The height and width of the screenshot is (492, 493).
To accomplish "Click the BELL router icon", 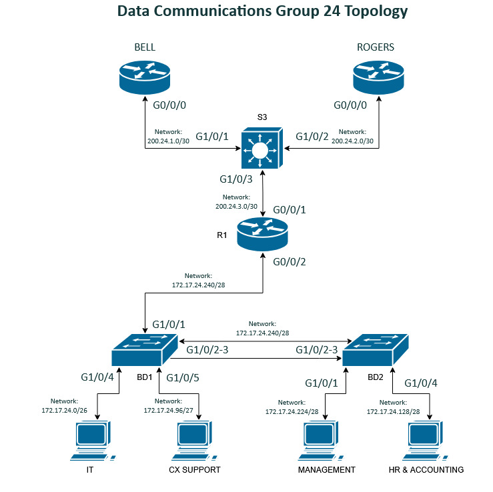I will point(144,76).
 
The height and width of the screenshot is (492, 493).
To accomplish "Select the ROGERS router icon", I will point(379,76).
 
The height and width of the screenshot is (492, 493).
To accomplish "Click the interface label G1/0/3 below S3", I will point(236,179).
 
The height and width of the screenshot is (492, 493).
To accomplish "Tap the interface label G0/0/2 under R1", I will point(290,261).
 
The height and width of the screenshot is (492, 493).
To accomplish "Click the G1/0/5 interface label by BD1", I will point(183,378).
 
